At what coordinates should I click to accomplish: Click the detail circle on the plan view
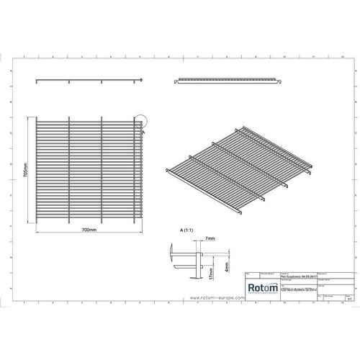coord(139,125)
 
